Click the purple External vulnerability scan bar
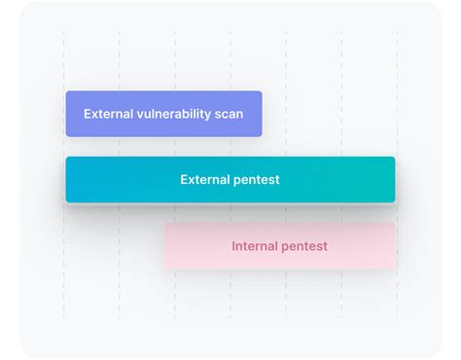pyautogui.click(x=163, y=114)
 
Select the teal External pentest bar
pyautogui.click(x=230, y=180)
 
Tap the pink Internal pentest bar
pyautogui.click(x=279, y=246)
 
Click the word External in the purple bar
pyautogui.click(x=108, y=114)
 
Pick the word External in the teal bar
pyautogui.click(x=205, y=180)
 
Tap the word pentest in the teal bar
pyautogui.click(x=258, y=180)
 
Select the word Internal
pyautogui.click(x=256, y=246)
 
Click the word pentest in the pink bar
pyautogui.click(x=305, y=246)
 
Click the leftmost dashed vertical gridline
pyautogui.click(x=64, y=58)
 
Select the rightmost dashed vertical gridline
pyautogui.click(x=397, y=58)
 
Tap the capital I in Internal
pyautogui.click(x=233, y=246)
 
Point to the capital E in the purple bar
pyautogui.click(x=88, y=114)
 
